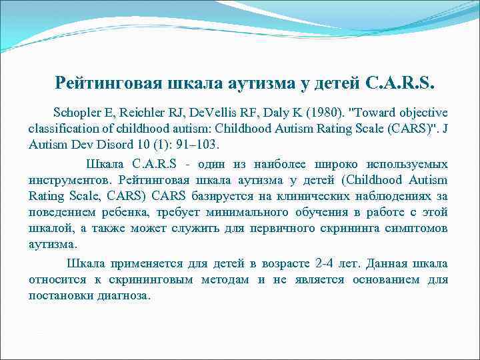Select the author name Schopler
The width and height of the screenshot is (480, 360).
coord(77,112)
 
